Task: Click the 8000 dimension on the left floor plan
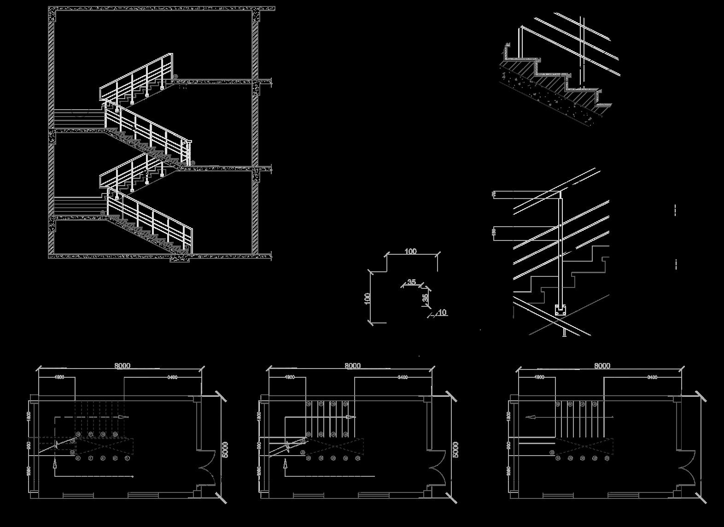(122, 365)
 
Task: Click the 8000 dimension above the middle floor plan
(352, 365)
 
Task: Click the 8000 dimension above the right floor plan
(602, 365)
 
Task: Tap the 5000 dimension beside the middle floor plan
(455, 450)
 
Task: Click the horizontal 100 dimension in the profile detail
(410, 251)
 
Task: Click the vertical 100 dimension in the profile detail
(368, 298)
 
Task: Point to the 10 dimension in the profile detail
(442, 312)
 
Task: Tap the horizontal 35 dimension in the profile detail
(411, 282)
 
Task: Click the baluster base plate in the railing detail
(561, 310)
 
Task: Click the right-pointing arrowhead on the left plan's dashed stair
(123, 417)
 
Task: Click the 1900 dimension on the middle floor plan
(290, 377)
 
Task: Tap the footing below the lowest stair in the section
(180, 259)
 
